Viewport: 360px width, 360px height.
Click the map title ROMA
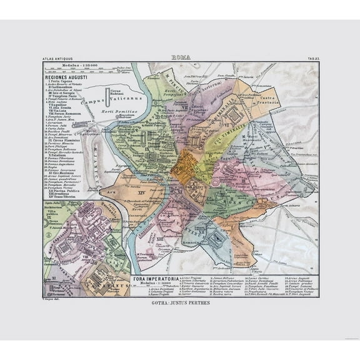click(181, 57)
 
